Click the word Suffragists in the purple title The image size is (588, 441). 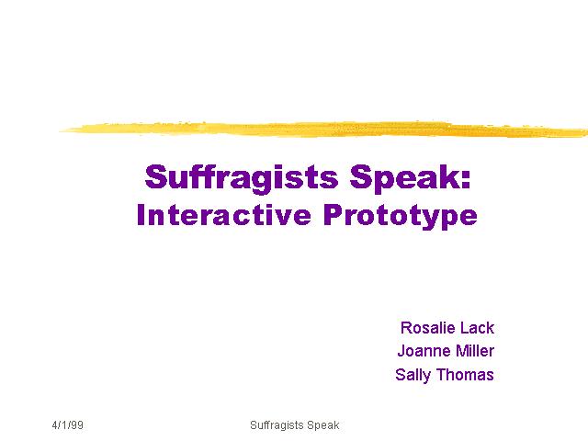[x=242, y=177]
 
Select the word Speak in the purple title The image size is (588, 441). [x=404, y=178]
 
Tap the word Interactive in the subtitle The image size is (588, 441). [x=224, y=215]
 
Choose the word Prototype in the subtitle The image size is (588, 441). [x=401, y=217]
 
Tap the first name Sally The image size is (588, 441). [x=413, y=375]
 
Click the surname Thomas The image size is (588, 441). [x=465, y=375]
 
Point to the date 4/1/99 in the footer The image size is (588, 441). [x=67, y=425]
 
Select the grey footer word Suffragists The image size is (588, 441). [x=277, y=425]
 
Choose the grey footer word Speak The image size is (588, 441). [x=322, y=425]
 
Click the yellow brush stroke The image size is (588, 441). [x=323, y=130]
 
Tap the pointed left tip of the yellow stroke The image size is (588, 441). [x=60, y=130]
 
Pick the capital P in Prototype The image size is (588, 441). [x=333, y=214]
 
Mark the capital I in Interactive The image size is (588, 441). [x=141, y=214]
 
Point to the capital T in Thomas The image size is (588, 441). [x=442, y=375]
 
